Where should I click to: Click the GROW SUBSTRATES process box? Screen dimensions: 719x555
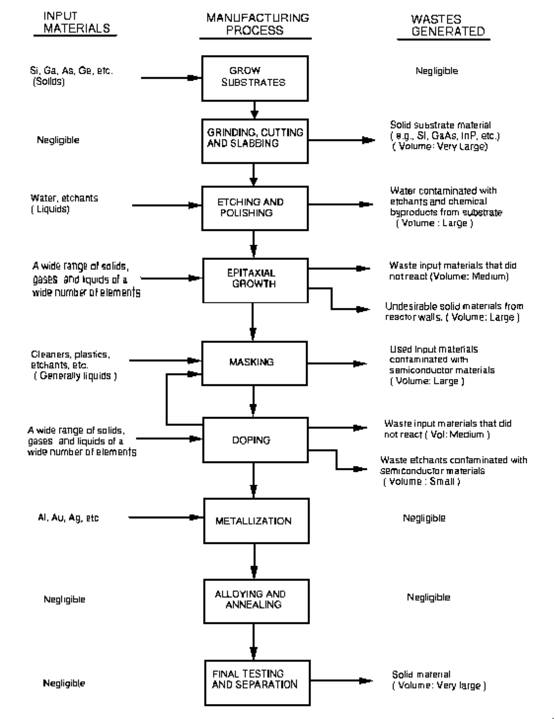pyautogui.click(x=255, y=78)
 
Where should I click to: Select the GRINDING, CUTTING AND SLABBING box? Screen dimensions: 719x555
pyautogui.click(x=255, y=140)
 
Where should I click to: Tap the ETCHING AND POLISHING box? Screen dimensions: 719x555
pyautogui.click(x=255, y=208)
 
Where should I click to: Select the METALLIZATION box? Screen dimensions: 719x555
pyautogui.click(x=256, y=521)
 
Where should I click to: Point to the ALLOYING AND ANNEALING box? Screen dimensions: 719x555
pyautogui.click(x=256, y=601)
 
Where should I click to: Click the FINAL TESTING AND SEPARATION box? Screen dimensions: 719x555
pyautogui.click(x=257, y=683)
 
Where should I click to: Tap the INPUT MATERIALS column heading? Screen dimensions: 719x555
pyautogui.click(x=76, y=23)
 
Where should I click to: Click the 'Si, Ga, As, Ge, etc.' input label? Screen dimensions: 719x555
pyautogui.click(x=71, y=76)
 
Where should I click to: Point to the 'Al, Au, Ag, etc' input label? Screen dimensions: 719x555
pyautogui.click(x=69, y=518)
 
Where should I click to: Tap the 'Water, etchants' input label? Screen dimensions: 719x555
pyautogui.click(x=64, y=204)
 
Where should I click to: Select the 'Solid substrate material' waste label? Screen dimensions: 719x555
pyautogui.click(x=444, y=136)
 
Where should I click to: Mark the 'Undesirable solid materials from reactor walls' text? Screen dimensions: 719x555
pyautogui.click(x=453, y=312)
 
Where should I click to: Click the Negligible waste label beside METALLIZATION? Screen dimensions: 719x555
pyautogui.click(x=424, y=518)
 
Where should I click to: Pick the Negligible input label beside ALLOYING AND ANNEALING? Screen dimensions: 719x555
pyautogui.click(x=64, y=599)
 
